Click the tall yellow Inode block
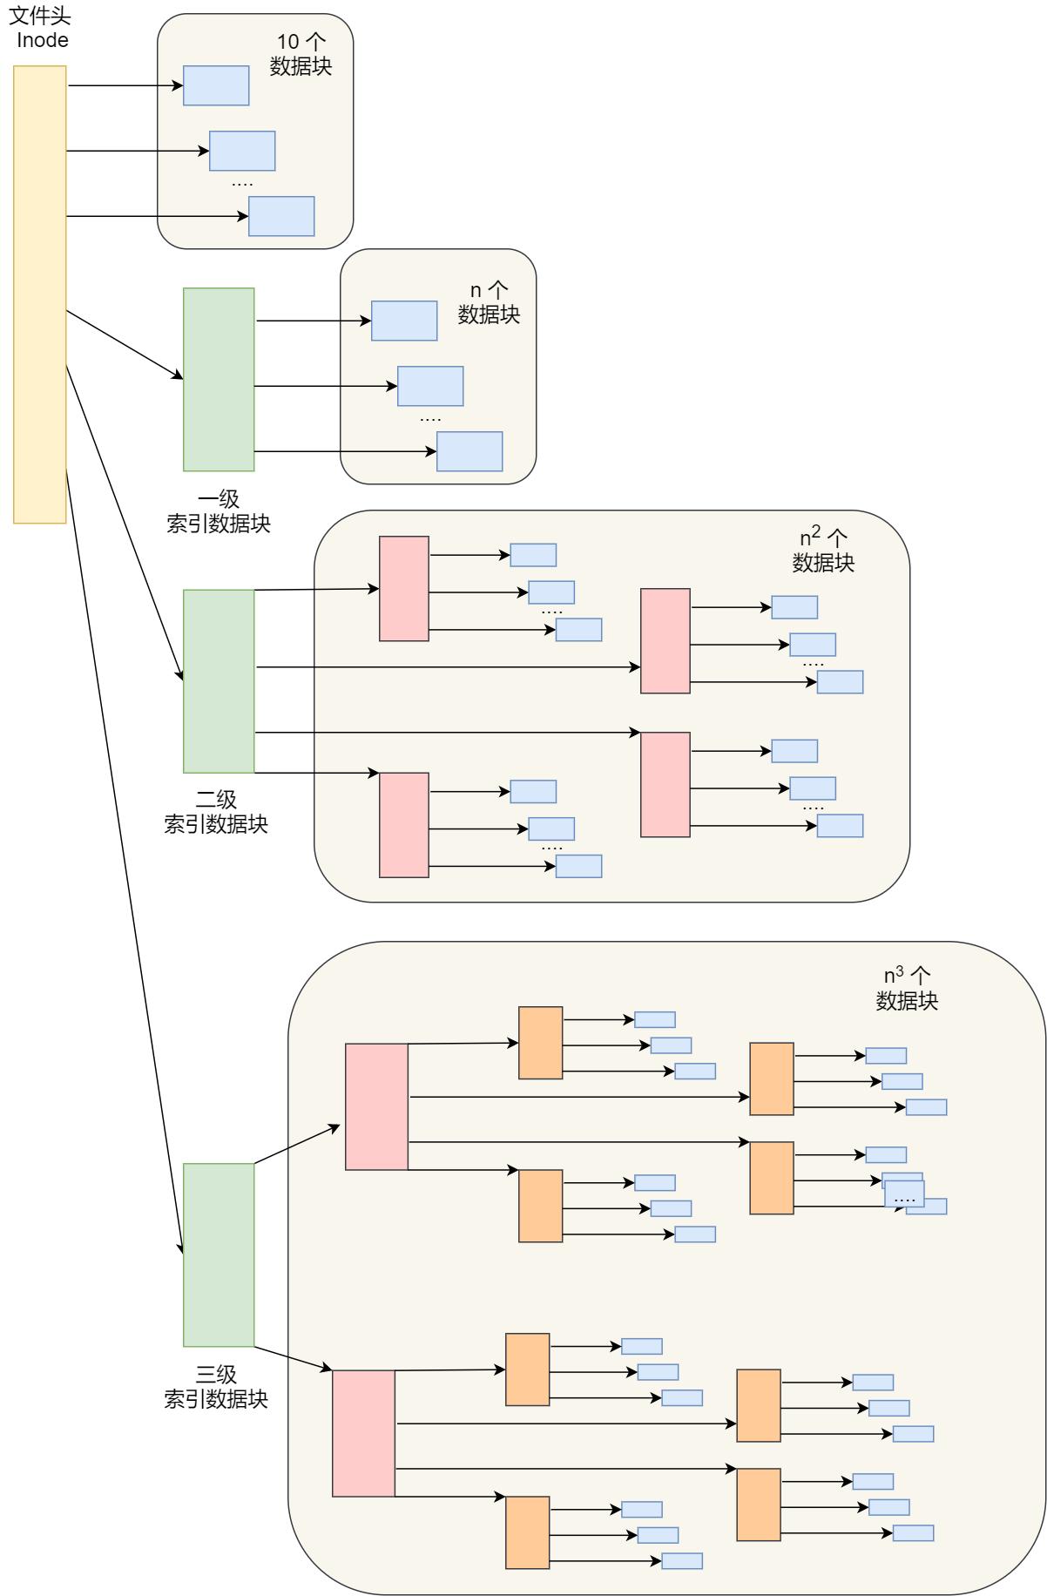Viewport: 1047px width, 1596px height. pyautogui.click(x=40, y=294)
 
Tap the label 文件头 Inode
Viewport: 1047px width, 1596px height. pyautogui.click(x=40, y=28)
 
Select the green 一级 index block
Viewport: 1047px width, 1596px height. pyautogui.click(x=219, y=379)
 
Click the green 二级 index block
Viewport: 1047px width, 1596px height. pyautogui.click(x=219, y=680)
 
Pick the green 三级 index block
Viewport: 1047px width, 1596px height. pyautogui.click(x=219, y=1254)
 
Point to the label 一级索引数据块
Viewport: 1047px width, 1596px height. pyautogui.click(x=219, y=511)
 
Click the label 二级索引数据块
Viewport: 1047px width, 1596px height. pyautogui.click(x=216, y=812)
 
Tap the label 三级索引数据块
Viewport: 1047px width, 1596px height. pyautogui.click(x=216, y=1387)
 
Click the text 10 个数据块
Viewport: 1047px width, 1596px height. pyautogui.click(x=301, y=54)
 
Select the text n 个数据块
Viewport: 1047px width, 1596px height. pyautogui.click(x=489, y=302)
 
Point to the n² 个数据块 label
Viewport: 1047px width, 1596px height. pyautogui.click(x=823, y=550)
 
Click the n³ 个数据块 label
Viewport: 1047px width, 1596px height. pyautogui.click(x=907, y=989)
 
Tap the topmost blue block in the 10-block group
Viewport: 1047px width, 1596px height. pyautogui.click(x=216, y=85)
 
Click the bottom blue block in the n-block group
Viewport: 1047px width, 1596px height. pyautogui.click(x=469, y=451)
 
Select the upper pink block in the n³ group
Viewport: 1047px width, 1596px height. pyautogui.click(x=376, y=1106)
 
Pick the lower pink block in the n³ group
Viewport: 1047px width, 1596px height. pyautogui.click(x=363, y=1433)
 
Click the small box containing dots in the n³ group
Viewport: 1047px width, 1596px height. pyautogui.click(x=904, y=1194)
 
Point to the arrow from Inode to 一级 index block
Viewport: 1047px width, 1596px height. pyautogui.click(x=125, y=344)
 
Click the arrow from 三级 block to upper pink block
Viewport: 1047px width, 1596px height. pyautogui.click(x=296, y=1144)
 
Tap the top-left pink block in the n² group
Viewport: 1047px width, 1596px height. pyautogui.click(x=404, y=589)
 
